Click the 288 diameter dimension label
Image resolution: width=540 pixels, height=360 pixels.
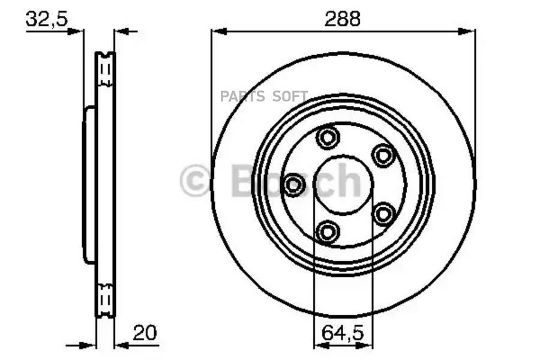(x=343, y=19)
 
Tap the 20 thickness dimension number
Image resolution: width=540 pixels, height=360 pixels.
(x=145, y=333)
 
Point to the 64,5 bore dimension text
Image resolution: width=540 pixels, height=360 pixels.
(x=343, y=334)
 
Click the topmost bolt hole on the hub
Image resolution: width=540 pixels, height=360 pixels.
(x=328, y=138)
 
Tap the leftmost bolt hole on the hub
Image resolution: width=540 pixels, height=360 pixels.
(x=294, y=185)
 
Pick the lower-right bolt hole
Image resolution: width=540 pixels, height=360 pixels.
(x=383, y=214)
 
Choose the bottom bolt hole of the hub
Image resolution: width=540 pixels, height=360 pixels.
(x=328, y=232)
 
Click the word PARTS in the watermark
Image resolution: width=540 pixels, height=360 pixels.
(x=242, y=97)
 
